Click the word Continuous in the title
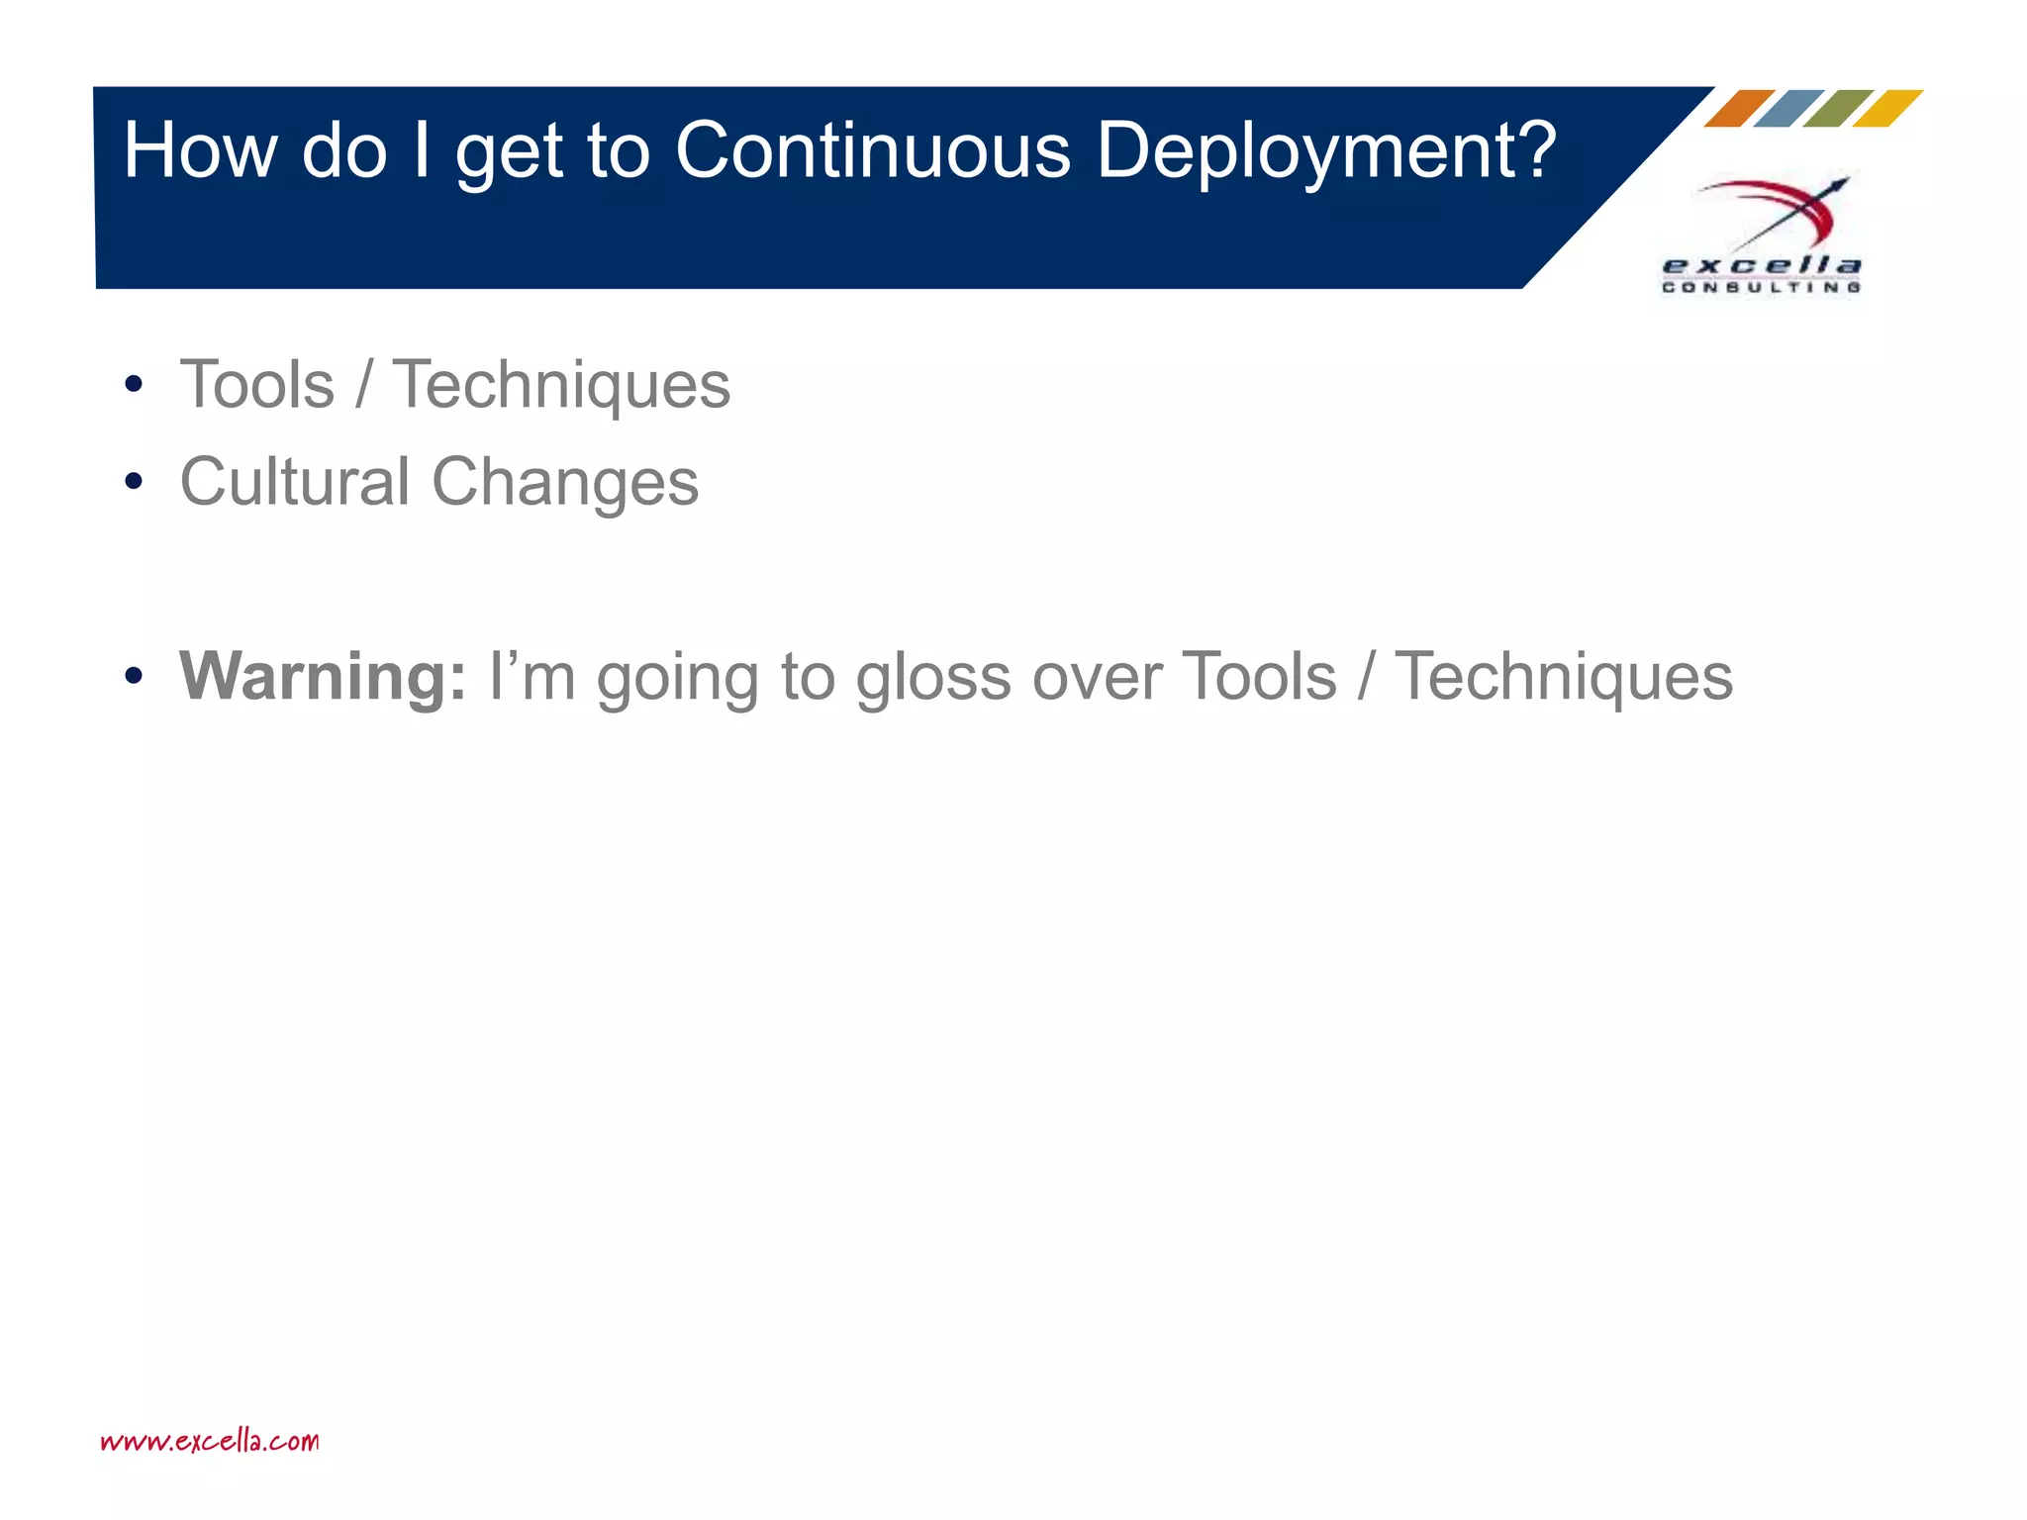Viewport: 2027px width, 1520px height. (x=872, y=150)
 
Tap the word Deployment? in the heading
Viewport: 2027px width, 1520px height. (x=1326, y=150)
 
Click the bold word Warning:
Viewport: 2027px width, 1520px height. (x=323, y=677)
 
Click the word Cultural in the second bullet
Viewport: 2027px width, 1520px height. (x=294, y=482)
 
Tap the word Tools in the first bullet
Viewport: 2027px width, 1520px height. (x=257, y=385)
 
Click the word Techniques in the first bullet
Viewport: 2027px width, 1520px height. (x=561, y=385)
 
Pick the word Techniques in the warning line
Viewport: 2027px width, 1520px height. (x=1564, y=677)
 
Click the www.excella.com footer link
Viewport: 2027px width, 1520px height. (x=210, y=1441)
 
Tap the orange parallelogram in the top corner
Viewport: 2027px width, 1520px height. (x=1740, y=109)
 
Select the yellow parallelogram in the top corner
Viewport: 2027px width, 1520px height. (x=1887, y=109)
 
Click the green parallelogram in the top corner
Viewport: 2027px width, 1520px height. (x=1838, y=109)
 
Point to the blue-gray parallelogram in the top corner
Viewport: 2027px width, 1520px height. (x=1789, y=109)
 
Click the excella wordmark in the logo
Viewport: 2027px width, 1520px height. (x=1762, y=265)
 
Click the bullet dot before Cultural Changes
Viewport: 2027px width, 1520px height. (x=134, y=483)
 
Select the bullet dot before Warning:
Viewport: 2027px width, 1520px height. (x=134, y=677)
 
